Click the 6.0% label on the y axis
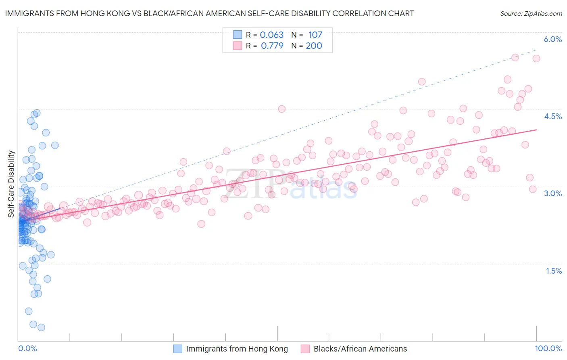pos(552,39)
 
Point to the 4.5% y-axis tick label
pos(552,116)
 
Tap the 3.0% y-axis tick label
pos(552,193)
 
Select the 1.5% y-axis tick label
pos(554,271)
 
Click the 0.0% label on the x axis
pos(27,349)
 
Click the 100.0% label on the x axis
pos(548,349)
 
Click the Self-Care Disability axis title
pos(11,184)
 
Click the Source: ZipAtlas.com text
pos(531,13)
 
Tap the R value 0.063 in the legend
pos(271,35)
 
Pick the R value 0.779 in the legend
pos(272,46)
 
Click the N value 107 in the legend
pos(315,35)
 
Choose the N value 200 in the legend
pos(314,46)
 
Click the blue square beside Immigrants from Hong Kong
pos(178,349)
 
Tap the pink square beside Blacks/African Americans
pos(305,349)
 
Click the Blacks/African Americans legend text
pos(360,349)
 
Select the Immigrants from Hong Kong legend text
pos(237,349)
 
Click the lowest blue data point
pos(41,327)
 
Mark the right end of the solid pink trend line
pos(537,130)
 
